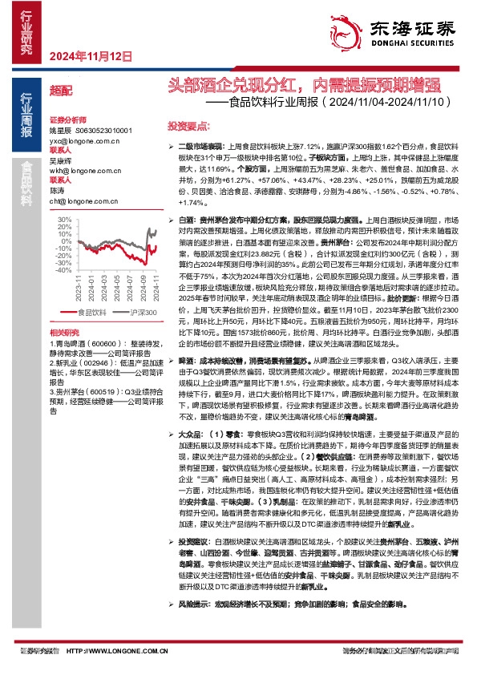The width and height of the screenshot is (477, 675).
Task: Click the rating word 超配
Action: [60, 91]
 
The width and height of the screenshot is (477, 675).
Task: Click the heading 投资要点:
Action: [188, 127]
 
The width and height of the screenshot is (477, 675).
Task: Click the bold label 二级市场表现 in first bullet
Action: [200, 148]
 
